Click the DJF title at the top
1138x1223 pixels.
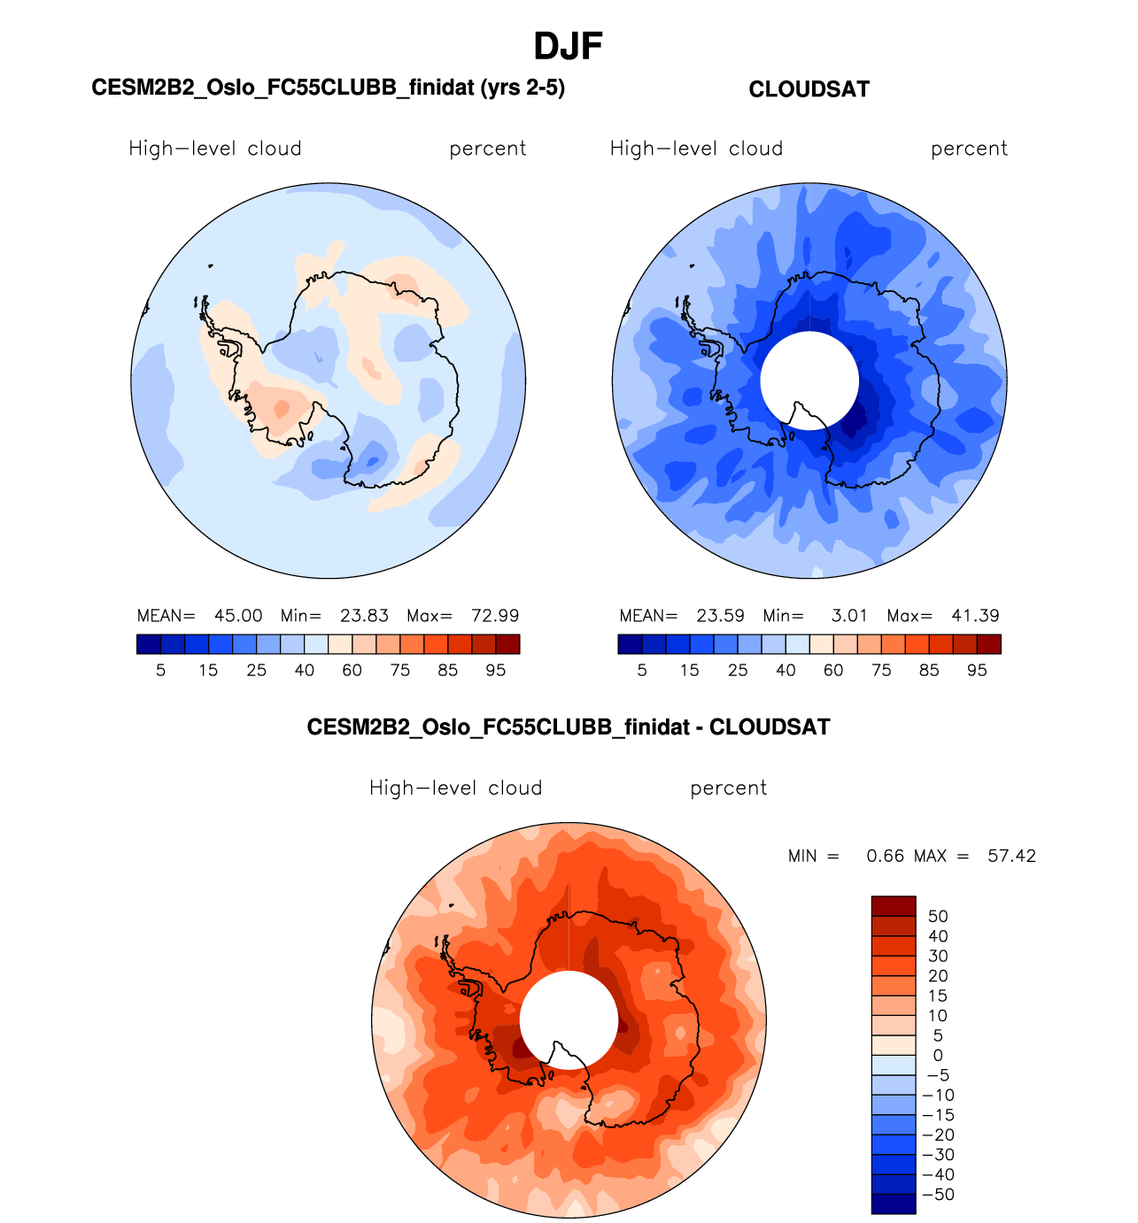(x=568, y=47)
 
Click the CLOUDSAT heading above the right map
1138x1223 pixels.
(x=809, y=89)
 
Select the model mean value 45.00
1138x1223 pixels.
(x=238, y=616)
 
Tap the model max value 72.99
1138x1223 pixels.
(x=495, y=616)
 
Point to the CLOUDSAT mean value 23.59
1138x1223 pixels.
(x=720, y=616)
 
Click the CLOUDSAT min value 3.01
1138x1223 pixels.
(x=849, y=616)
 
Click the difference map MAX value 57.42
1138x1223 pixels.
(x=1011, y=856)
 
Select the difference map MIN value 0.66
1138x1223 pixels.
(x=886, y=856)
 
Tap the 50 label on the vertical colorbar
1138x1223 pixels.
(x=938, y=917)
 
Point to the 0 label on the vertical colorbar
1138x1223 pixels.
(x=938, y=1056)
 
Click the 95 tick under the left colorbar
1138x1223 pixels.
(x=496, y=671)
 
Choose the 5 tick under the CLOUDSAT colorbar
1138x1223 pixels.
(x=642, y=671)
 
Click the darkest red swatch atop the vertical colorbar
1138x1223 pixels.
(x=894, y=906)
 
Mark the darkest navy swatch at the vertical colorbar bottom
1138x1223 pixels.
(x=894, y=1204)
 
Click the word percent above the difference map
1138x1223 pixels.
(x=728, y=788)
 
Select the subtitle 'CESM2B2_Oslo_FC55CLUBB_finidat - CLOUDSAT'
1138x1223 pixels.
(x=569, y=727)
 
